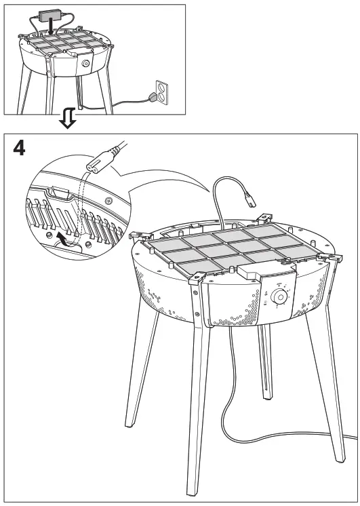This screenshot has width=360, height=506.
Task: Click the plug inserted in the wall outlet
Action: click(155, 98)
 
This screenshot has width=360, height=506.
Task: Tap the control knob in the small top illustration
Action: click(86, 62)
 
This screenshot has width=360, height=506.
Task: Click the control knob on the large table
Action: click(279, 297)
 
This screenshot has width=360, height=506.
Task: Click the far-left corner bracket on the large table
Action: click(137, 235)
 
